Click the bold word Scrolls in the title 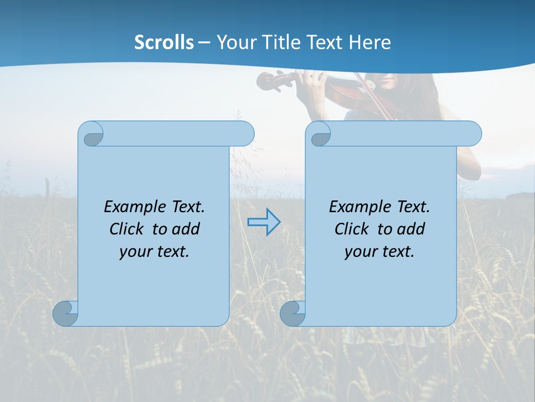pos(164,42)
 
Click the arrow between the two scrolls pos(264,222)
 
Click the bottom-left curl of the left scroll pos(65,313)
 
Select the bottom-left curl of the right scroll pos(292,313)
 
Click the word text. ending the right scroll pos(397,252)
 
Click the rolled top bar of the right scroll pos(401,133)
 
